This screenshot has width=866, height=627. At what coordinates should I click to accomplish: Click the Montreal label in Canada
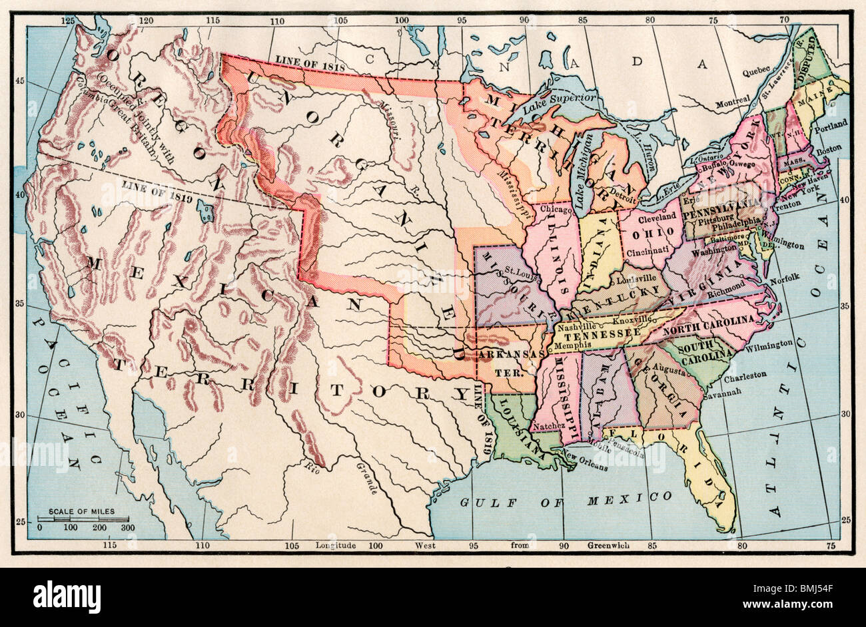pyautogui.click(x=732, y=103)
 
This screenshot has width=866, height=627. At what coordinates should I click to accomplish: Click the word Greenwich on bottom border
pyautogui.click(x=608, y=546)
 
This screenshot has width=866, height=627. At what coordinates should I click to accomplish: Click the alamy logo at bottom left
pyautogui.click(x=67, y=594)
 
